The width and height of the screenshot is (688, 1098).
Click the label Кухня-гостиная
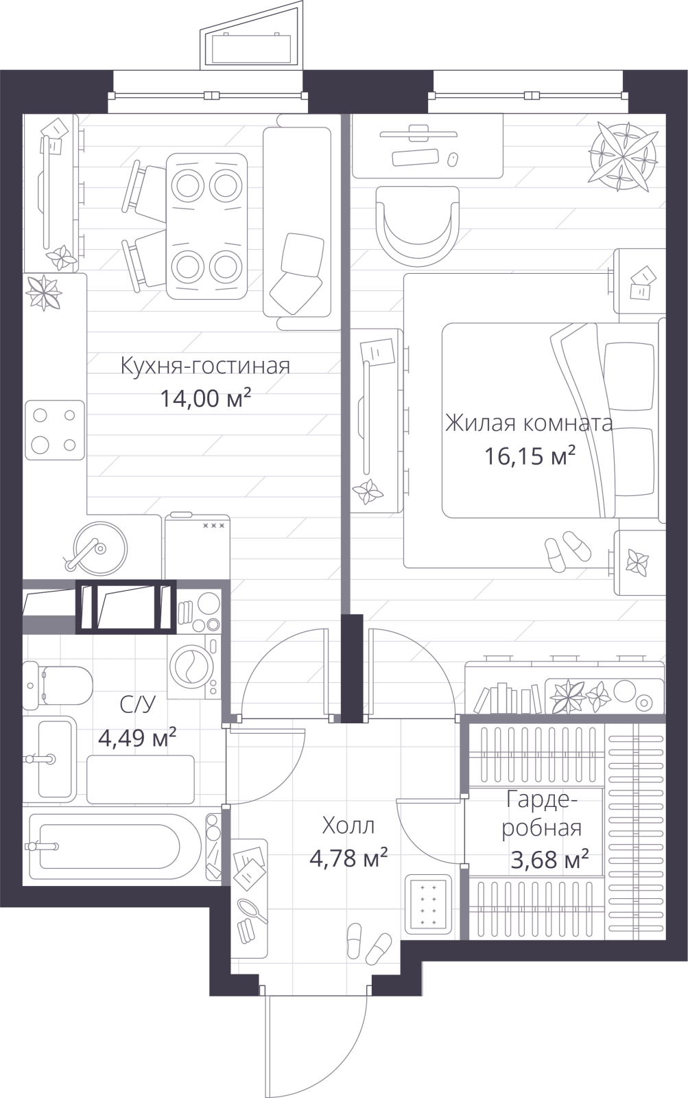[205, 366]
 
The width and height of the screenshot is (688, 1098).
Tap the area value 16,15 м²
[530, 456]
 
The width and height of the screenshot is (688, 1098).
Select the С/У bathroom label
[137, 704]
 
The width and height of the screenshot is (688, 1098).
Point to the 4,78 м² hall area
[348, 858]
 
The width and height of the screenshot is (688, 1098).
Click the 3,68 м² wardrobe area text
[550, 860]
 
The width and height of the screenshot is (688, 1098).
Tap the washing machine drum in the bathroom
[189, 666]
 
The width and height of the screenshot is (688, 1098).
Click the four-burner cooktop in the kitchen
[55, 430]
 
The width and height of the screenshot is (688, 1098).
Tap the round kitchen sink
[100, 546]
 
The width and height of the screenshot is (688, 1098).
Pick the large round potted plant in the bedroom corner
[624, 156]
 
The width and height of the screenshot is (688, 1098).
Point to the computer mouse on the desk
[453, 159]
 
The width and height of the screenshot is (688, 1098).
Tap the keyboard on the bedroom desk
[414, 157]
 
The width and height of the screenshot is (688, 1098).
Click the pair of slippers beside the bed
[567, 550]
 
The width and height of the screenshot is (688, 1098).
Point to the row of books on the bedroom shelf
[508, 698]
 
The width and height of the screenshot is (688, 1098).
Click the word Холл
[348, 826]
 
